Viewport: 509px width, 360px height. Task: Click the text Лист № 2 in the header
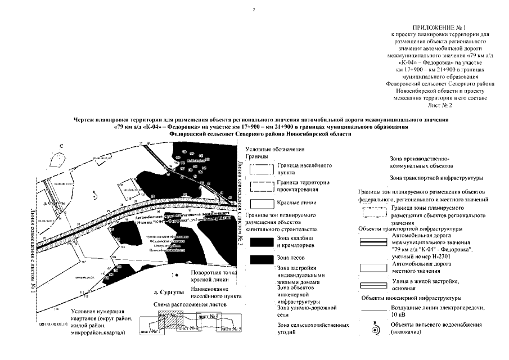439,105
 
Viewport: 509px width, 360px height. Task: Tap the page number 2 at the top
254,9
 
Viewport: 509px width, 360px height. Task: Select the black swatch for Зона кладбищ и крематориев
261,242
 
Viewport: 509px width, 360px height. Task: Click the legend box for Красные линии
261,204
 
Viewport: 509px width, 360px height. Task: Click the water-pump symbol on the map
95,196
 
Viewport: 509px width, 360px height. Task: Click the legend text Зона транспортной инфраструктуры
436,178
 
